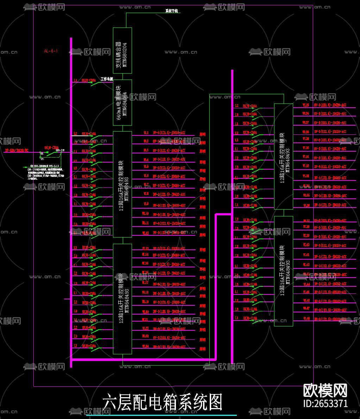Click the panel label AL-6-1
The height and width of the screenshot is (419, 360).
pos(51,51)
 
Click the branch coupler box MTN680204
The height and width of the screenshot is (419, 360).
pos(122,50)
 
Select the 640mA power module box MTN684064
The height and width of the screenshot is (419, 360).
pos(122,102)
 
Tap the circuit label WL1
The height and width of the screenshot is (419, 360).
pos(145,133)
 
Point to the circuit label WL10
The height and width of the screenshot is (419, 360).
pos(145,214)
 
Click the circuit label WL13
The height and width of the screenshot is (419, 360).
pos(145,248)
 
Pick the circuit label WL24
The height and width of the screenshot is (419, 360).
pos(145,347)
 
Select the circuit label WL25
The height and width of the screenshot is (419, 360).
pos(306,105)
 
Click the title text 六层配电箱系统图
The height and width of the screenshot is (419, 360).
pos(163,402)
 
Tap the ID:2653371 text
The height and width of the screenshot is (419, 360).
pos(325,404)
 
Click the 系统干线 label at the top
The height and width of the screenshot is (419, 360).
pos(172,11)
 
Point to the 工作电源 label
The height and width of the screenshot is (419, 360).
pos(107,79)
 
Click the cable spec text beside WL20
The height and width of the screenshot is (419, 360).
pos(169,312)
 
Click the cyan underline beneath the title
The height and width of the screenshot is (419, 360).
pos(162,415)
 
